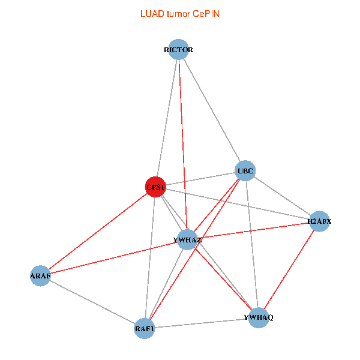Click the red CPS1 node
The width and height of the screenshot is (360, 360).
(155, 187)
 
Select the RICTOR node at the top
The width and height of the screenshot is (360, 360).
(178, 50)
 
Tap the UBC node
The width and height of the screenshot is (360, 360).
(245, 171)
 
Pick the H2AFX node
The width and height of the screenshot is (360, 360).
(319, 221)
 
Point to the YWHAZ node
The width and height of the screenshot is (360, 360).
(187, 240)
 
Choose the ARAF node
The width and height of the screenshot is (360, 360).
(40, 276)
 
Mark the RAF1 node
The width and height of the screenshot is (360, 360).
(145, 328)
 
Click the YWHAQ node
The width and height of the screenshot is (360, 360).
(259, 317)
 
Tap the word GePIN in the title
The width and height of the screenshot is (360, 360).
(206, 13)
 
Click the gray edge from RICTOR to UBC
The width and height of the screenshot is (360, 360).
(212, 110)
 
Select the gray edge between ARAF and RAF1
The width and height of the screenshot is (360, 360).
(92, 302)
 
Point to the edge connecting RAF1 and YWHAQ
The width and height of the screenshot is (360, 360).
(202, 323)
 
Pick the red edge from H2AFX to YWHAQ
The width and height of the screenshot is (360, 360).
(289, 269)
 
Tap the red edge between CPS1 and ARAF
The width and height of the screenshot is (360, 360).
(97, 231)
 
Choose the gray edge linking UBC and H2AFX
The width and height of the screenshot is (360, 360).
(282, 196)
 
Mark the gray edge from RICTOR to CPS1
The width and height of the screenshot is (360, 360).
(167, 118)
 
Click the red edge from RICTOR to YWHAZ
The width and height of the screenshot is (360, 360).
(182, 145)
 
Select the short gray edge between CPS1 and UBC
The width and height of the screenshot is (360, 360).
(200, 179)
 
